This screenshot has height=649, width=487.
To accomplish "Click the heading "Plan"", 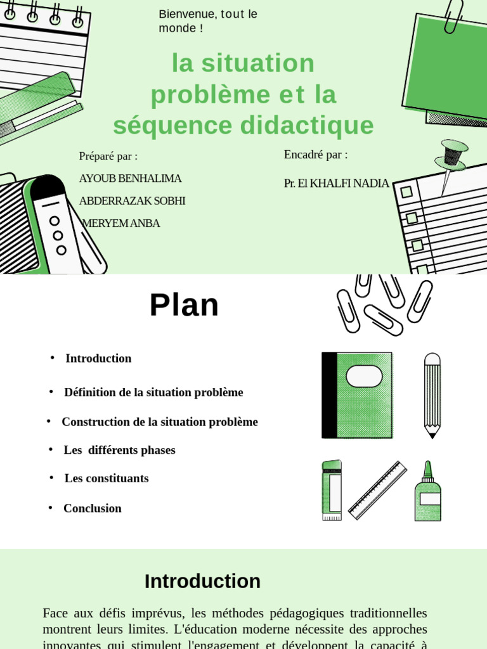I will tap(184, 305).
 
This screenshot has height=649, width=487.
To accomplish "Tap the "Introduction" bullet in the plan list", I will tap(98, 359).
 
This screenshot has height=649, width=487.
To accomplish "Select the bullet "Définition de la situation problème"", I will tap(153, 392).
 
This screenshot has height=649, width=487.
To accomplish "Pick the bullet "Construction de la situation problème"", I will tap(159, 422).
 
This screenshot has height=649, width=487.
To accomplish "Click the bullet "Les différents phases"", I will tap(119, 450).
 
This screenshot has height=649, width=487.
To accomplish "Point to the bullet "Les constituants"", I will tap(107, 479).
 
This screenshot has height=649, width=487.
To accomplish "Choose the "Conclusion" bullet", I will tap(92, 508).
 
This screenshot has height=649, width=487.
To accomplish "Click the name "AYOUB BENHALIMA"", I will tap(130, 179).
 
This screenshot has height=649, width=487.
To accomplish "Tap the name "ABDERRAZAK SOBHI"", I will tap(132, 201).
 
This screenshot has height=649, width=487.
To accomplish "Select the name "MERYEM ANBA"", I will tap(120, 223).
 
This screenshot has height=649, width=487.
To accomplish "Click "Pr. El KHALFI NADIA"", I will tap(336, 183).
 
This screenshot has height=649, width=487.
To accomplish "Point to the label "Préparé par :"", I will tap(108, 156).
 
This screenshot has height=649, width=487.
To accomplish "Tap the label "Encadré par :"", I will tap(315, 155).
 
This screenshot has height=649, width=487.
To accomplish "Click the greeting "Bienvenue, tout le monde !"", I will tap(207, 21).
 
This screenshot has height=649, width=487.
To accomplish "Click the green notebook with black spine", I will tap(357, 395).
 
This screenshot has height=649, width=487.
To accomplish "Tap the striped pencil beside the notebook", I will tap(432, 395).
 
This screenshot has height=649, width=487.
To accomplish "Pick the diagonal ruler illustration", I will tap(378, 490).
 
